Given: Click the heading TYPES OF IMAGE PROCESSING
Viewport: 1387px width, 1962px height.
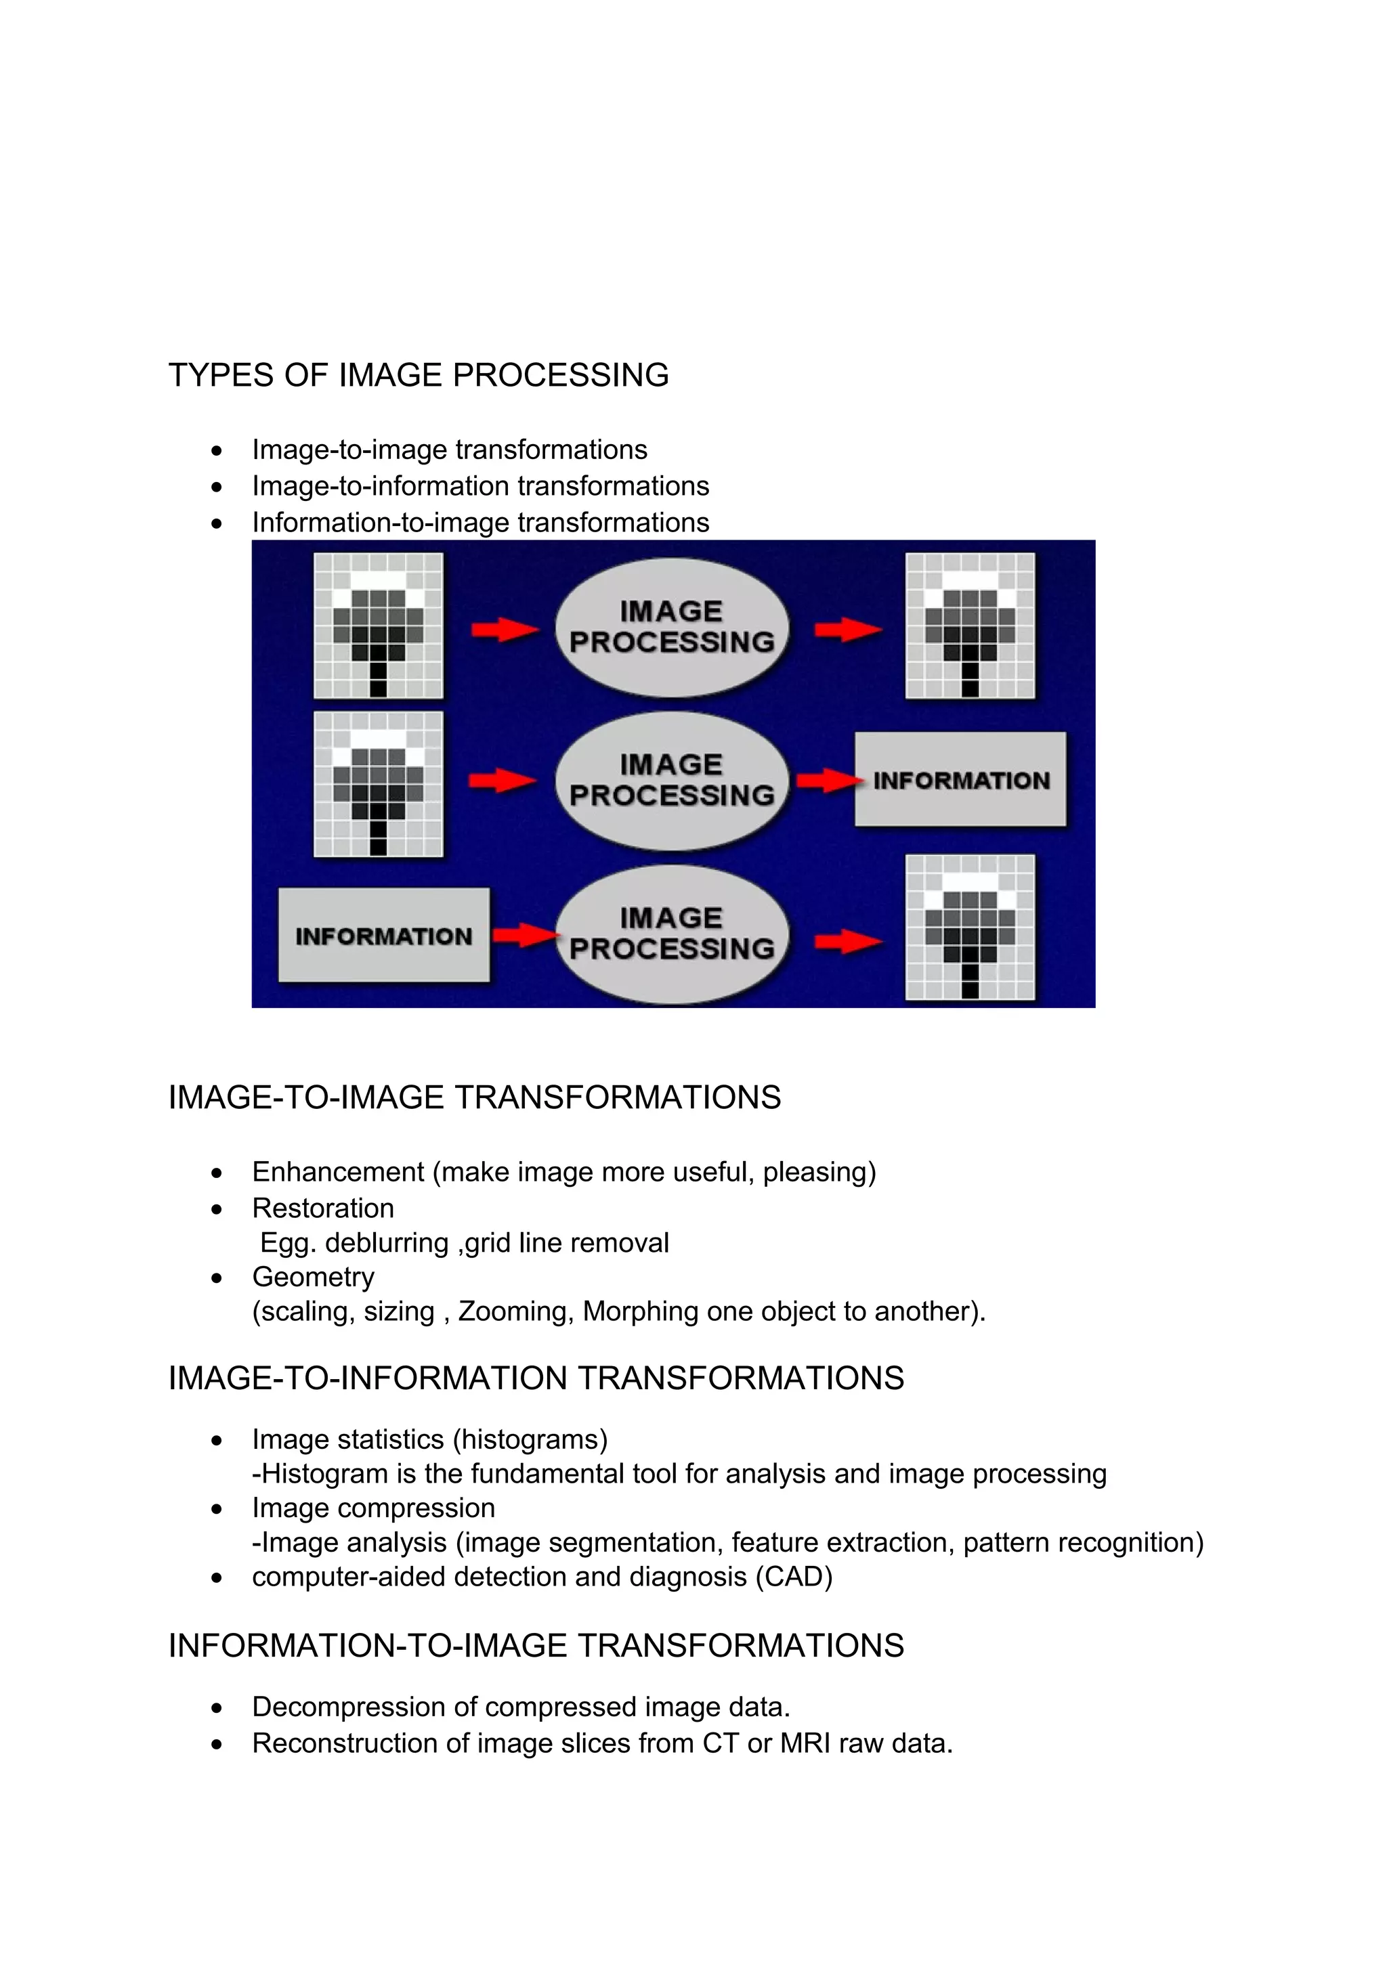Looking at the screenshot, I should pos(418,375).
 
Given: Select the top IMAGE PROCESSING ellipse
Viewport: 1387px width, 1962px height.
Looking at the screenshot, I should pos(672,626).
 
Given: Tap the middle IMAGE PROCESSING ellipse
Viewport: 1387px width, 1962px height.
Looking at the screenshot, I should pos(672,779).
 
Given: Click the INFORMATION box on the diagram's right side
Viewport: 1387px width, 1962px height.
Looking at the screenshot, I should pos(960,779).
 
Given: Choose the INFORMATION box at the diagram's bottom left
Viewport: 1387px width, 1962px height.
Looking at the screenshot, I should pos(384,936).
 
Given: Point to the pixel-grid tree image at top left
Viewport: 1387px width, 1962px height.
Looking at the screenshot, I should pos(379,626).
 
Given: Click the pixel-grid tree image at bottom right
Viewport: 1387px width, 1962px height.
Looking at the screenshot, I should pos(970,927).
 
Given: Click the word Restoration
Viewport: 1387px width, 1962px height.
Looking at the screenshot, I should pos(323,1208).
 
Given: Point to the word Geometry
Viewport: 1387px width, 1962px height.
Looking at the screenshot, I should pos(313,1277).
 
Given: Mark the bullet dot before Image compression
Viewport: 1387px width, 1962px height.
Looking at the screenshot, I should pos(217,1509).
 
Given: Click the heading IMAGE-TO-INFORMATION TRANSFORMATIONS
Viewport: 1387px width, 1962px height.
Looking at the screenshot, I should pos(536,1378).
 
